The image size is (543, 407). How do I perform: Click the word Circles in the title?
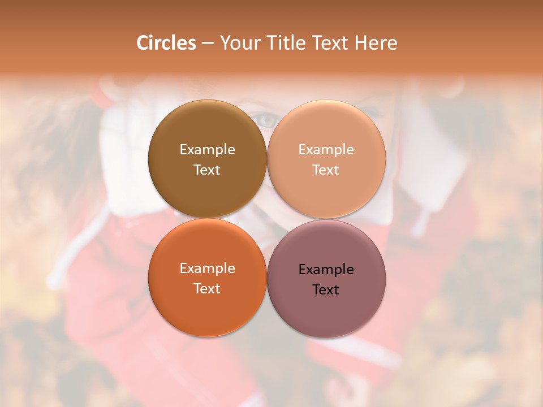click(x=166, y=43)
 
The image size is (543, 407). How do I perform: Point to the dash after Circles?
click(x=208, y=44)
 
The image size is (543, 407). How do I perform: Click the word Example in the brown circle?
click(x=207, y=149)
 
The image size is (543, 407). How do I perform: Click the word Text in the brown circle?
click(x=207, y=170)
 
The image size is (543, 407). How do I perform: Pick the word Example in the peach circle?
click(x=326, y=149)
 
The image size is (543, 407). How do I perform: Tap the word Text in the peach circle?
click(x=326, y=170)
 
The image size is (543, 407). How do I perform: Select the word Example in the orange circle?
click(x=207, y=268)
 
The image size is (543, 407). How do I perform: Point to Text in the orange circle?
click(x=207, y=288)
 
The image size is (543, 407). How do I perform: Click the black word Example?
click(x=326, y=269)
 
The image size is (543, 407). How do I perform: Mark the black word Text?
click(x=326, y=289)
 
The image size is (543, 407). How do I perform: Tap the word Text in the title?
click(x=328, y=43)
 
